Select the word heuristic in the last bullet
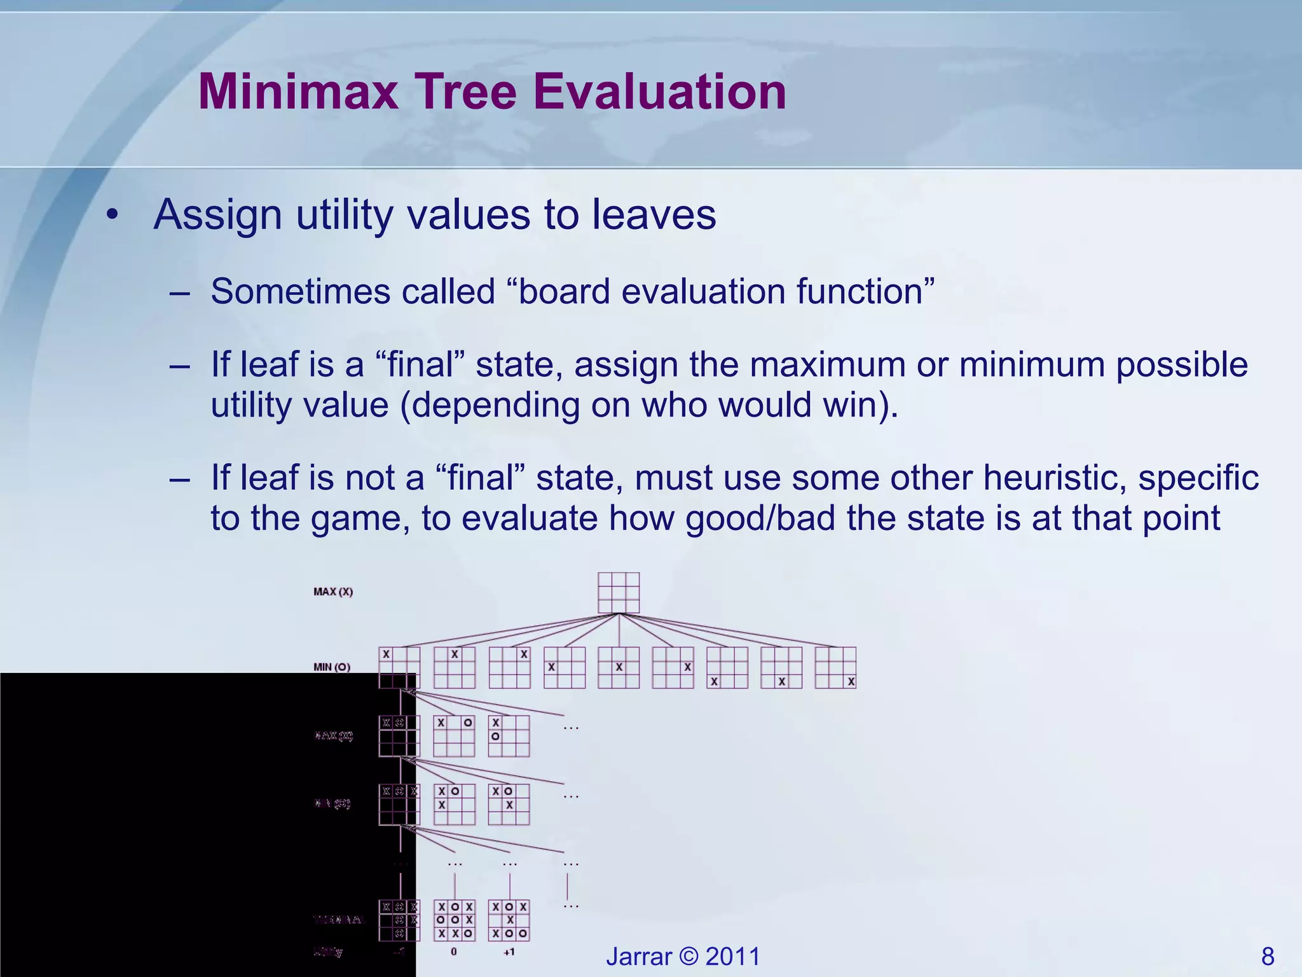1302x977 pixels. [1054, 478]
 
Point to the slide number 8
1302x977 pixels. [1267, 956]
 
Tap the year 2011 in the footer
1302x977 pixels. [732, 956]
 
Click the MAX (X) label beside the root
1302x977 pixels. [333, 592]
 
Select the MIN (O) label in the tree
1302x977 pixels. [332, 667]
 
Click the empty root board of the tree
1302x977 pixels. [619, 593]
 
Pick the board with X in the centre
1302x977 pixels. [619, 667]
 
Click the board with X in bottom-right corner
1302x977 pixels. [835, 667]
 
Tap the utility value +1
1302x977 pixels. [509, 952]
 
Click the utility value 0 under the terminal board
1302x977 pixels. [454, 952]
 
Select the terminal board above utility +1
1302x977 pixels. [509, 920]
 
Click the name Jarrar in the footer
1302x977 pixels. [639, 956]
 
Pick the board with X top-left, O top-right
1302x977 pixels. [454, 736]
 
